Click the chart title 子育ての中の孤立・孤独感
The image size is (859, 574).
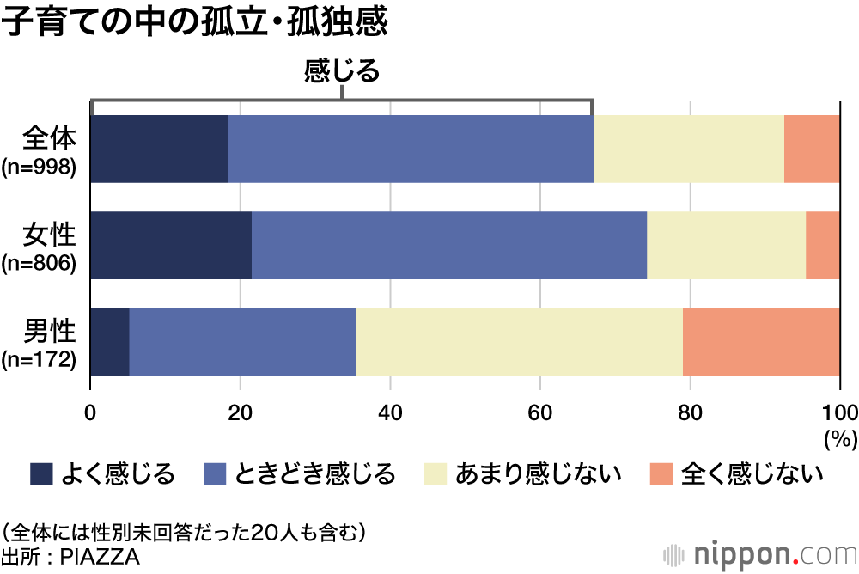[x=195, y=23]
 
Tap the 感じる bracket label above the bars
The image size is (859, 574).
[x=341, y=71]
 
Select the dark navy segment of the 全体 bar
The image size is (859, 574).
[x=159, y=149]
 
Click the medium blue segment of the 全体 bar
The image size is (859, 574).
[x=411, y=149]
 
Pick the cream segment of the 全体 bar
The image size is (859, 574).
[x=688, y=149]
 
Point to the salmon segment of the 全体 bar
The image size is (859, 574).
[x=812, y=149]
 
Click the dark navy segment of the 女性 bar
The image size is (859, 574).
[x=171, y=245]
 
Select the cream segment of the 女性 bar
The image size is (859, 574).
[x=726, y=245]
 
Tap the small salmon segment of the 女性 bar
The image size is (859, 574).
[x=823, y=245]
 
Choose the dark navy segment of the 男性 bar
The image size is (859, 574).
[x=110, y=341]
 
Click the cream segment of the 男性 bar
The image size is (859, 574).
[x=519, y=341]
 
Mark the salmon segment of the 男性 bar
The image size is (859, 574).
[x=761, y=341]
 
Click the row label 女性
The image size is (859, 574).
[x=51, y=234]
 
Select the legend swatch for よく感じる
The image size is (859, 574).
[x=41, y=473]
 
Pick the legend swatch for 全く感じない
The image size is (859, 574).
[x=660, y=473]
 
